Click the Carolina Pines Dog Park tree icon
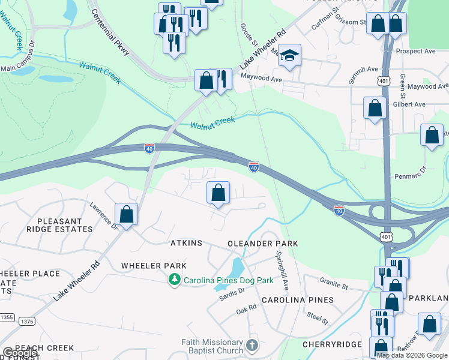point(175,280)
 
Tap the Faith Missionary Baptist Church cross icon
point(252,346)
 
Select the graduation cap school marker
point(289,56)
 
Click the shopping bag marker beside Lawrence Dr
point(126,214)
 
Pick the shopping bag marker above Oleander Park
point(218,193)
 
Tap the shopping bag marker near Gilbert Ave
point(375,109)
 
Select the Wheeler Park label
point(154,265)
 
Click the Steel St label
point(318,317)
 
